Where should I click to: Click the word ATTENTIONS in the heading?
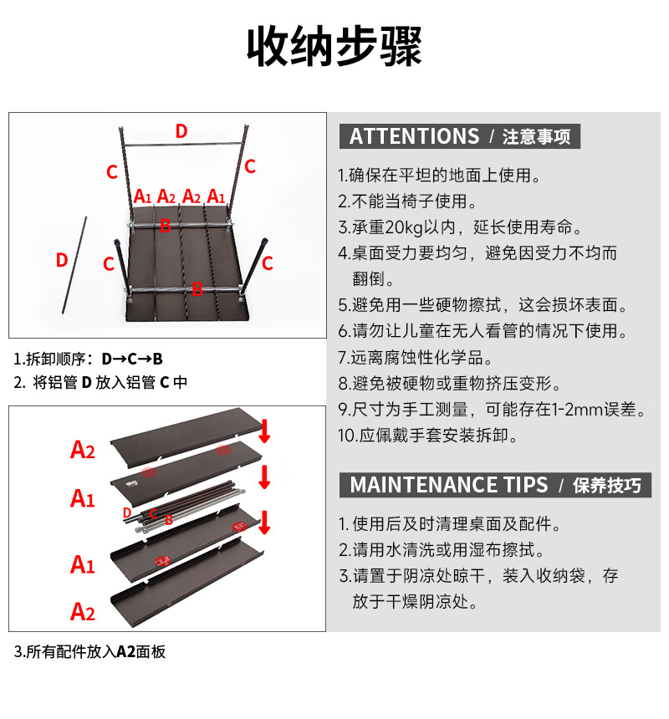click(414, 137)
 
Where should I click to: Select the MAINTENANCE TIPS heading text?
click(449, 485)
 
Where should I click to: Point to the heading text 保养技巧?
click(607, 486)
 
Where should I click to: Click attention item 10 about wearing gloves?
click(427, 436)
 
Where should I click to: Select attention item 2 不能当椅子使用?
click(407, 201)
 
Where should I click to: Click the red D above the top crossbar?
click(181, 130)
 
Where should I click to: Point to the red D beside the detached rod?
click(61, 260)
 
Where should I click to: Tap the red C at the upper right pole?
click(249, 166)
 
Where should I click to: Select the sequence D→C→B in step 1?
click(132, 359)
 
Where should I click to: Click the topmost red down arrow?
click(264, 431)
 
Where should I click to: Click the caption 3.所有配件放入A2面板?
click(90, 652)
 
